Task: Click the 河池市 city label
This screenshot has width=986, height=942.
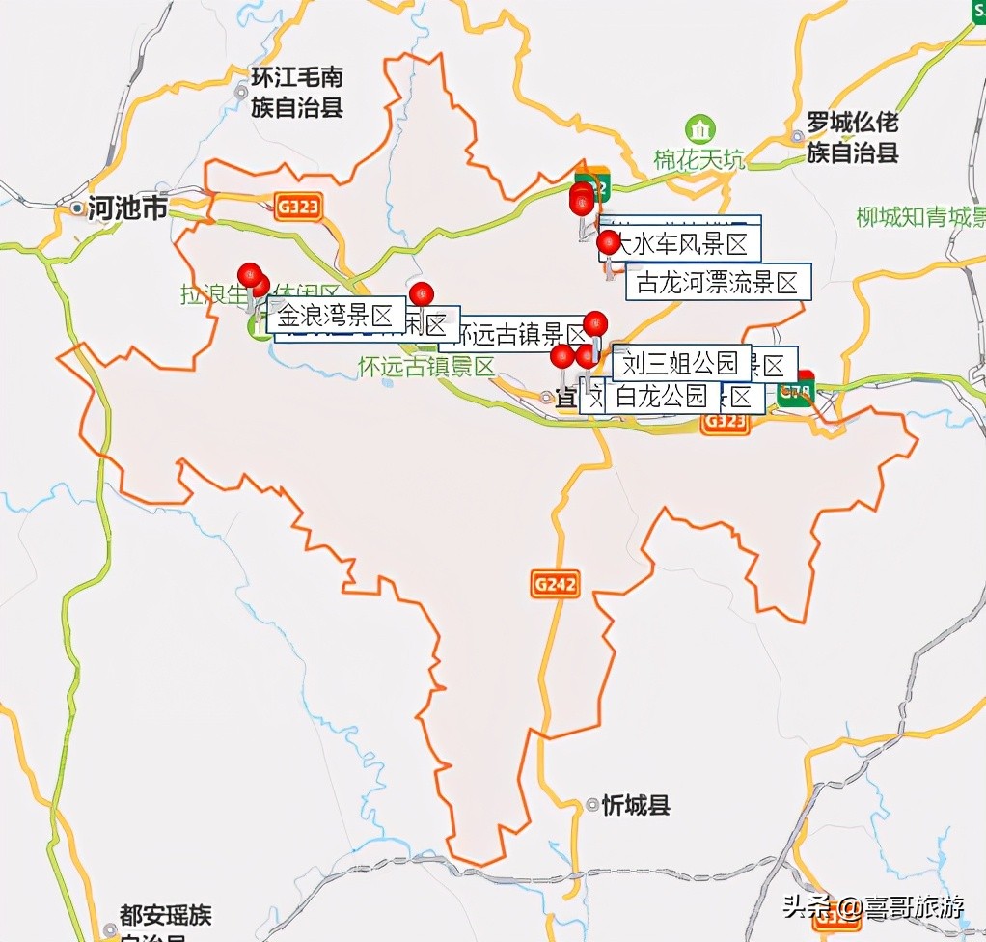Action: (127, 208)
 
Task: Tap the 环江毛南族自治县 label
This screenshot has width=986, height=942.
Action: (296, 92)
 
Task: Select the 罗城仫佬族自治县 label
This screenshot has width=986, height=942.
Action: (852, 137)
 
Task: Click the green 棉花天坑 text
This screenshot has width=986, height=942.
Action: (698, 160)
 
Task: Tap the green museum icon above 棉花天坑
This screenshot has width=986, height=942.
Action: (699, 128)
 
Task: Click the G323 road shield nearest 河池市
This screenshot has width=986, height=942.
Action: (296, 207)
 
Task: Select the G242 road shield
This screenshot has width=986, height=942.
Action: (555, 584)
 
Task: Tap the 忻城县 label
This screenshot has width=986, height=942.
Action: (635, 805)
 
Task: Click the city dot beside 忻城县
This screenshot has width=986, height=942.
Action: (592, 804)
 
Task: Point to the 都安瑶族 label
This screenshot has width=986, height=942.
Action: (165, 915)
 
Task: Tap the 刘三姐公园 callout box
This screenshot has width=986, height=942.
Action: (680, 363)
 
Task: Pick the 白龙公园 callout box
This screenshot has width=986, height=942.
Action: (662, 396)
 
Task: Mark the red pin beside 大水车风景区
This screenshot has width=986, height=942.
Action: (608, 242)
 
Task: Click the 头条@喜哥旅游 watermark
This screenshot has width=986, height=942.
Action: (872, 906)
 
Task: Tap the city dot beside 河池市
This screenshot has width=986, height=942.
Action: (76, 208)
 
